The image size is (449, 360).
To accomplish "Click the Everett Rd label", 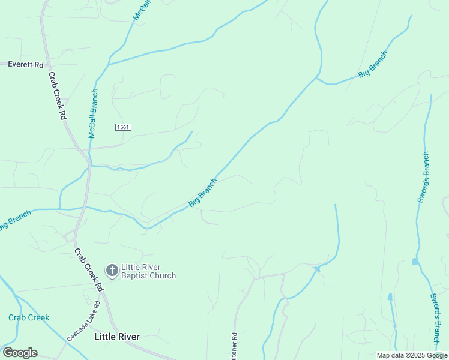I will (26, 64).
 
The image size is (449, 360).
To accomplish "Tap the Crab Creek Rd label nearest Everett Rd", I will (56, 97).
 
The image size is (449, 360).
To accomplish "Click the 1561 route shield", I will (123, 127).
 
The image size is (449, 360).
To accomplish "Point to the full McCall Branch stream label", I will (93, 114).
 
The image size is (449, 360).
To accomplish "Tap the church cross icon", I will (112, 271).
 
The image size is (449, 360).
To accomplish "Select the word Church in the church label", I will (163, 276).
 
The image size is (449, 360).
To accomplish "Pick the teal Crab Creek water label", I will (29, 317).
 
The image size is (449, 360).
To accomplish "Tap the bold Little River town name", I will (117, 337).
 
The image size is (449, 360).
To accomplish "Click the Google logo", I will (20, 353).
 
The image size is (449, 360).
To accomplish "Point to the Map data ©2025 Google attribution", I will (412, 355).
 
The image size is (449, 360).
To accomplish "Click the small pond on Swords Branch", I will (415, 262).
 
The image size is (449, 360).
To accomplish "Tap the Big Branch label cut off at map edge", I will (14, 220).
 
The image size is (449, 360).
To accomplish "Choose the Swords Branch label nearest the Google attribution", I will (436, 319).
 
